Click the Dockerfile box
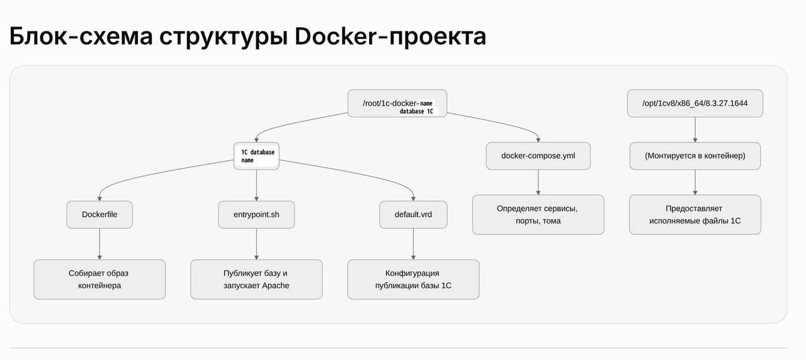pyautogui.click(x=99, y=215)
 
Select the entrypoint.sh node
pyautogui.click(x=256, y=215)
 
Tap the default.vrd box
pyautogui.click(x=413, y=215)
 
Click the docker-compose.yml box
pyautogui.click(x=538, y=155)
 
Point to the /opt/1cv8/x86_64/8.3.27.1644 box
pyautogui.click(x=695, y=103)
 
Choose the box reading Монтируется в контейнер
pyautogui.click(x=695, y=155)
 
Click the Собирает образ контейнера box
pyautogui.click(x=99, y=279)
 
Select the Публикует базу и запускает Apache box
pyautogui.click(x=256, y=279)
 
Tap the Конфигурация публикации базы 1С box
pyautogui.click(x=413, y=279)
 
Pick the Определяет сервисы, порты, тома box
pyautogui.click(x=538, y=215)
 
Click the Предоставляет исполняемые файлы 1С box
pyautogui.click(x=695, y=215)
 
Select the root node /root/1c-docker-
pyautogui.click(x=397, y=103)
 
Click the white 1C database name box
pyautogui.click(x=256, y=155)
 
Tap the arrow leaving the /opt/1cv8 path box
pyautogui.click(x=695, y=130)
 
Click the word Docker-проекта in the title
pyautogui.click(x=390, y=37)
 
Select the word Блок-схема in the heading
pyautogui.click(x=80, y=37)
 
